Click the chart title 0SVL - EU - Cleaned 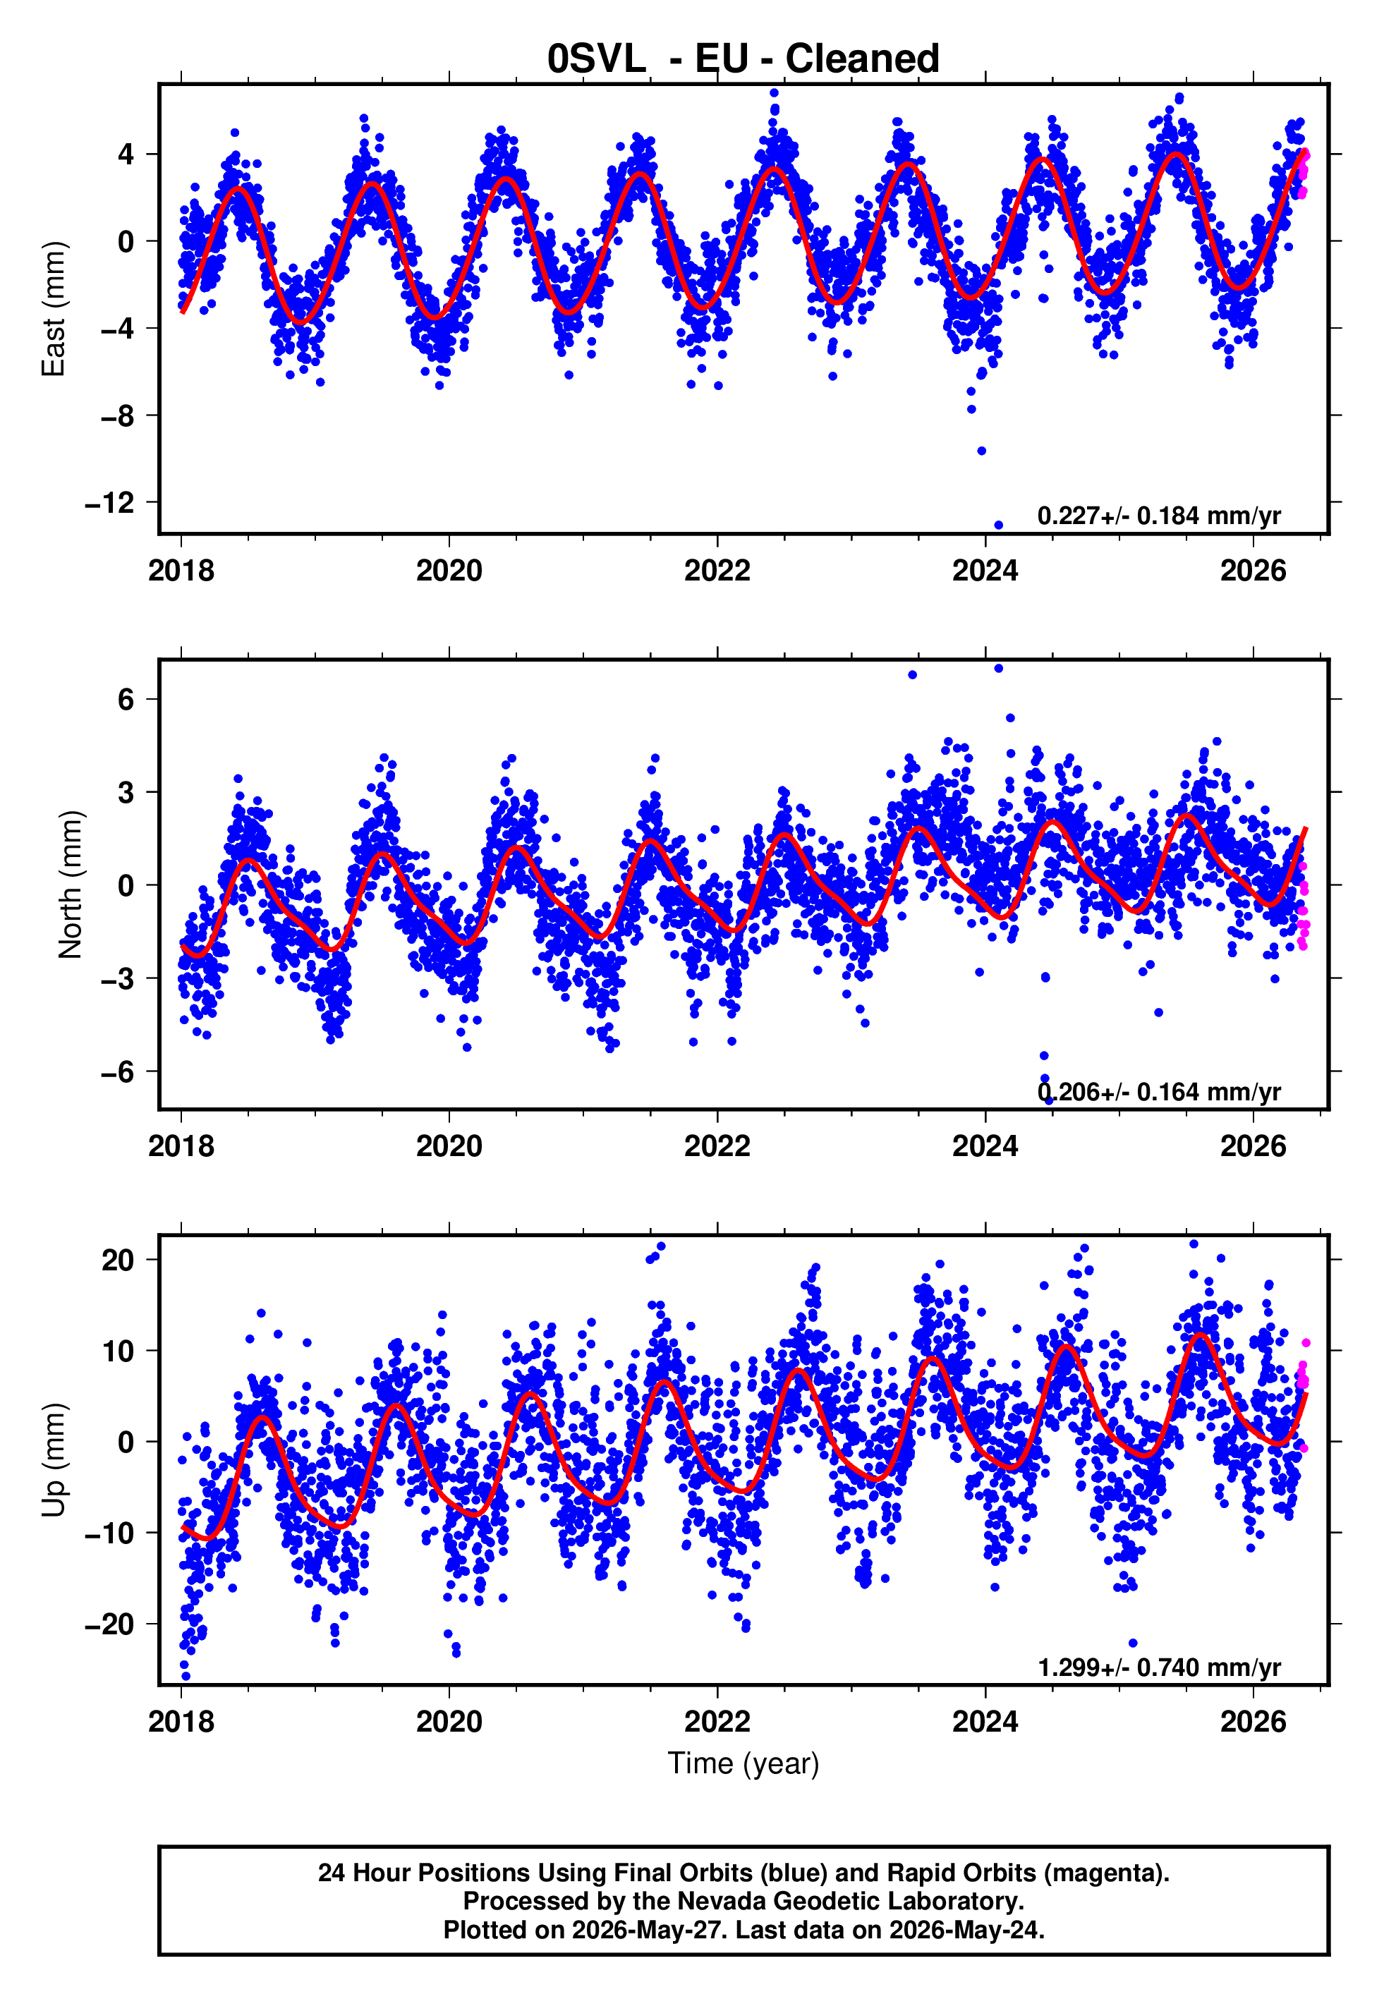point(743,59)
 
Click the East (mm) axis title point(54,309)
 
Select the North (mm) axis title point(71,885)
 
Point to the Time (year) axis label point(743,1764)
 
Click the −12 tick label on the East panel point(109,503)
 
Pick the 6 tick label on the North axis point(126,699)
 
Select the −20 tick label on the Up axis point(109,1624)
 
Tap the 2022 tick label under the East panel point(717,571)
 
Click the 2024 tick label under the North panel point(985,1146)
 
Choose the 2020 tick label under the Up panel point(449,1722)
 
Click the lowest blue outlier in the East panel point(998,525)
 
